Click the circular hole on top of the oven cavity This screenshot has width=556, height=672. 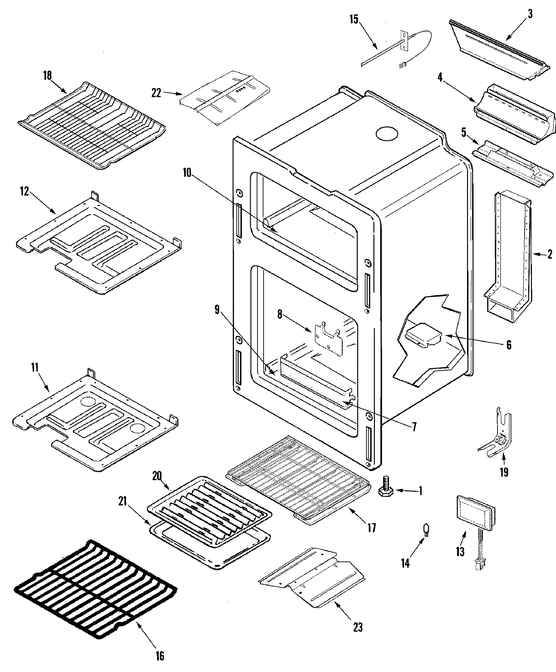(387, 133)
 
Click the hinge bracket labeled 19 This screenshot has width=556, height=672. (499, 433)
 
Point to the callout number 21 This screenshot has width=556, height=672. (122, 501)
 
